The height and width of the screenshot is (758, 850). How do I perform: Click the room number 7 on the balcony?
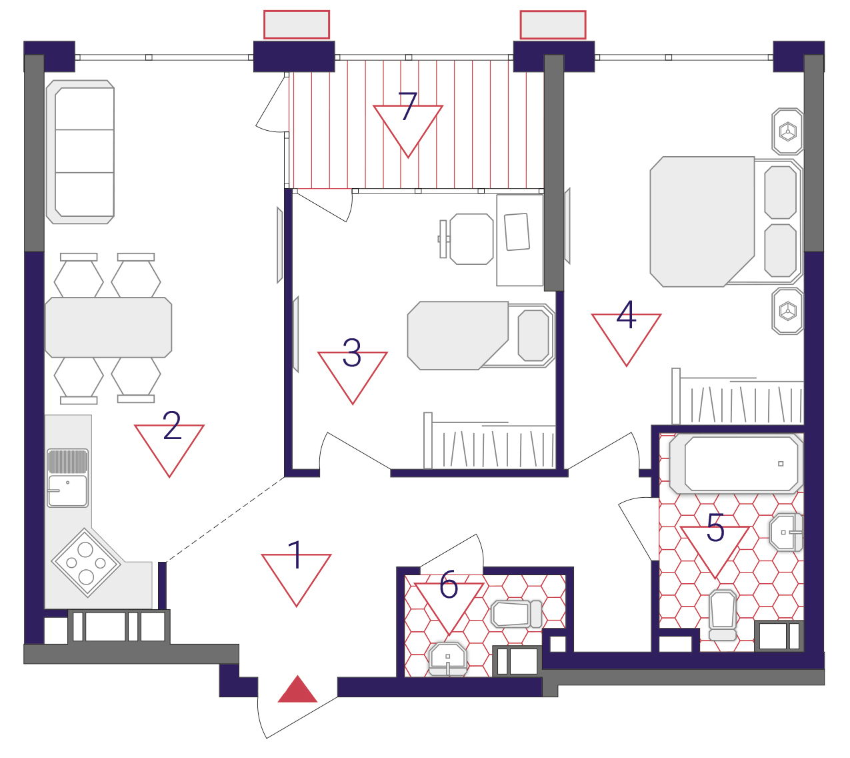407,106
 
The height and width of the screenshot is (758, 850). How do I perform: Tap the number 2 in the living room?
172,426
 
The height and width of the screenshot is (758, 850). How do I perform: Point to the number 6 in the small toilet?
449,584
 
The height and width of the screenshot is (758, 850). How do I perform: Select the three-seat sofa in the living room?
80,152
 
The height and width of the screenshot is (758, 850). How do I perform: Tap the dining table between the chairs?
108,328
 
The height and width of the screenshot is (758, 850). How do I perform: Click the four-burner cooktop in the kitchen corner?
87,562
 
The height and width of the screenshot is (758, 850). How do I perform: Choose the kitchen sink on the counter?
67,478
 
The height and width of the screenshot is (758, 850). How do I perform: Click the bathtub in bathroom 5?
736,464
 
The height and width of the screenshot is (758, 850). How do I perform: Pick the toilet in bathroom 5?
723,615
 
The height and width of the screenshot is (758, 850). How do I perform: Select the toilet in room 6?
517,614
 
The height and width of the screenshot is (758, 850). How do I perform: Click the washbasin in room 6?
447,659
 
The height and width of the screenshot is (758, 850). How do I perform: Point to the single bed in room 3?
481,336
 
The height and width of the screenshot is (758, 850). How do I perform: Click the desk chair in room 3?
466,239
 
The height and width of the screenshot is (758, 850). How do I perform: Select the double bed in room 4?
726,222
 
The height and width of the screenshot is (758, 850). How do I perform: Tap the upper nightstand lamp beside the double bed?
787,131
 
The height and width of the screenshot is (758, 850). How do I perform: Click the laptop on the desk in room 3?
517,232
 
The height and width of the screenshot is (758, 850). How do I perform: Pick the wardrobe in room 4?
737,396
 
